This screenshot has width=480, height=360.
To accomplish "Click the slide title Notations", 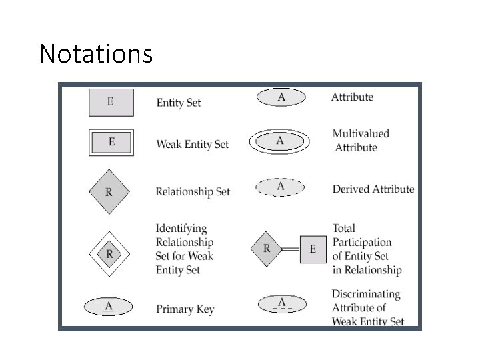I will coord(96,53).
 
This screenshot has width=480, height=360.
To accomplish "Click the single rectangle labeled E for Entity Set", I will coord(111,102).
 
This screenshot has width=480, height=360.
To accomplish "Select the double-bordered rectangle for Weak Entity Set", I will coord(111,142).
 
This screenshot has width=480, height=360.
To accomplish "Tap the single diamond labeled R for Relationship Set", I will coord(109,192).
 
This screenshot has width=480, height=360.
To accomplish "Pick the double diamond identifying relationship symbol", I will coord(109,254).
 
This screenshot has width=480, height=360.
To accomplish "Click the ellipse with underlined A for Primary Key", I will coord(108,307).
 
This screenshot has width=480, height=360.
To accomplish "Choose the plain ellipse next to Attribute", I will coord(281,97).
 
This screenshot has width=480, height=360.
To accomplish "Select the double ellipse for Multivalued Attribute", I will coord(280,141).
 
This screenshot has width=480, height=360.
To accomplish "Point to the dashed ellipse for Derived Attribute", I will coord(281,187).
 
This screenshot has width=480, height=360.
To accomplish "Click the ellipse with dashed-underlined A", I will coord(281,305).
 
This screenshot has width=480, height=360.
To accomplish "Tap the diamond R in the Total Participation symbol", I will coord(267,249).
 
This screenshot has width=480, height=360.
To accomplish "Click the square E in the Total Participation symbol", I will coord(313,250).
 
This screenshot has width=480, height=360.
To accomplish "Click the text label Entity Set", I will coord(179,103).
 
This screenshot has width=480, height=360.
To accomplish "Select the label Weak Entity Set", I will coord(193,144).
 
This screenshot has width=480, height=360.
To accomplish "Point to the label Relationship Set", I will coord(193,192).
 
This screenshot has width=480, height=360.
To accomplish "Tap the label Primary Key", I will coord(185,309).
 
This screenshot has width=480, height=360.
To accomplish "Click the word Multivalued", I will coord(361,133).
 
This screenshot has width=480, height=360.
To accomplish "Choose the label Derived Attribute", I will coord(373,189).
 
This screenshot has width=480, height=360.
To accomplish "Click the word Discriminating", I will coord(366,294).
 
